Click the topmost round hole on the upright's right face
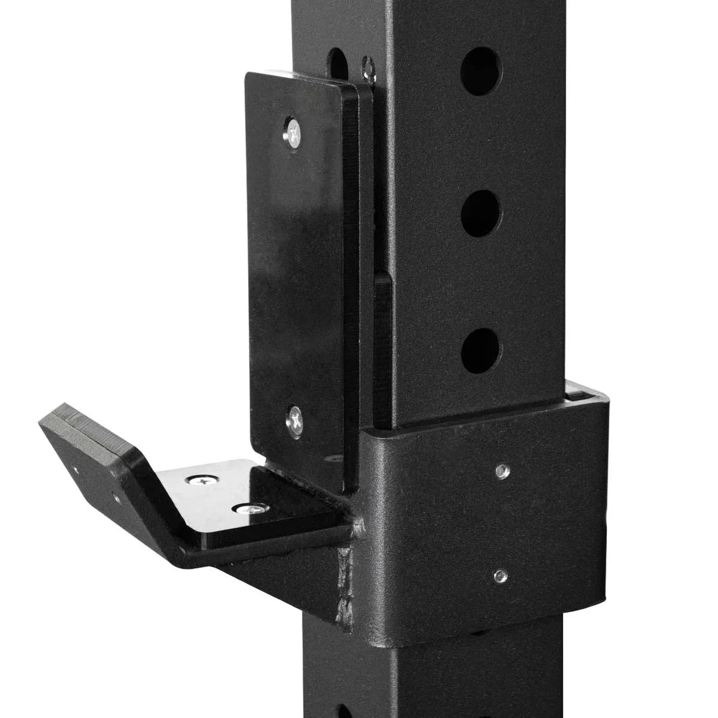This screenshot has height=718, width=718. (x=481, y=71)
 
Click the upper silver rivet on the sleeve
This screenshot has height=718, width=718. (x=500, y=471)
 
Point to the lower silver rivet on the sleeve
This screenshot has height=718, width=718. (x=500, y=576)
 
